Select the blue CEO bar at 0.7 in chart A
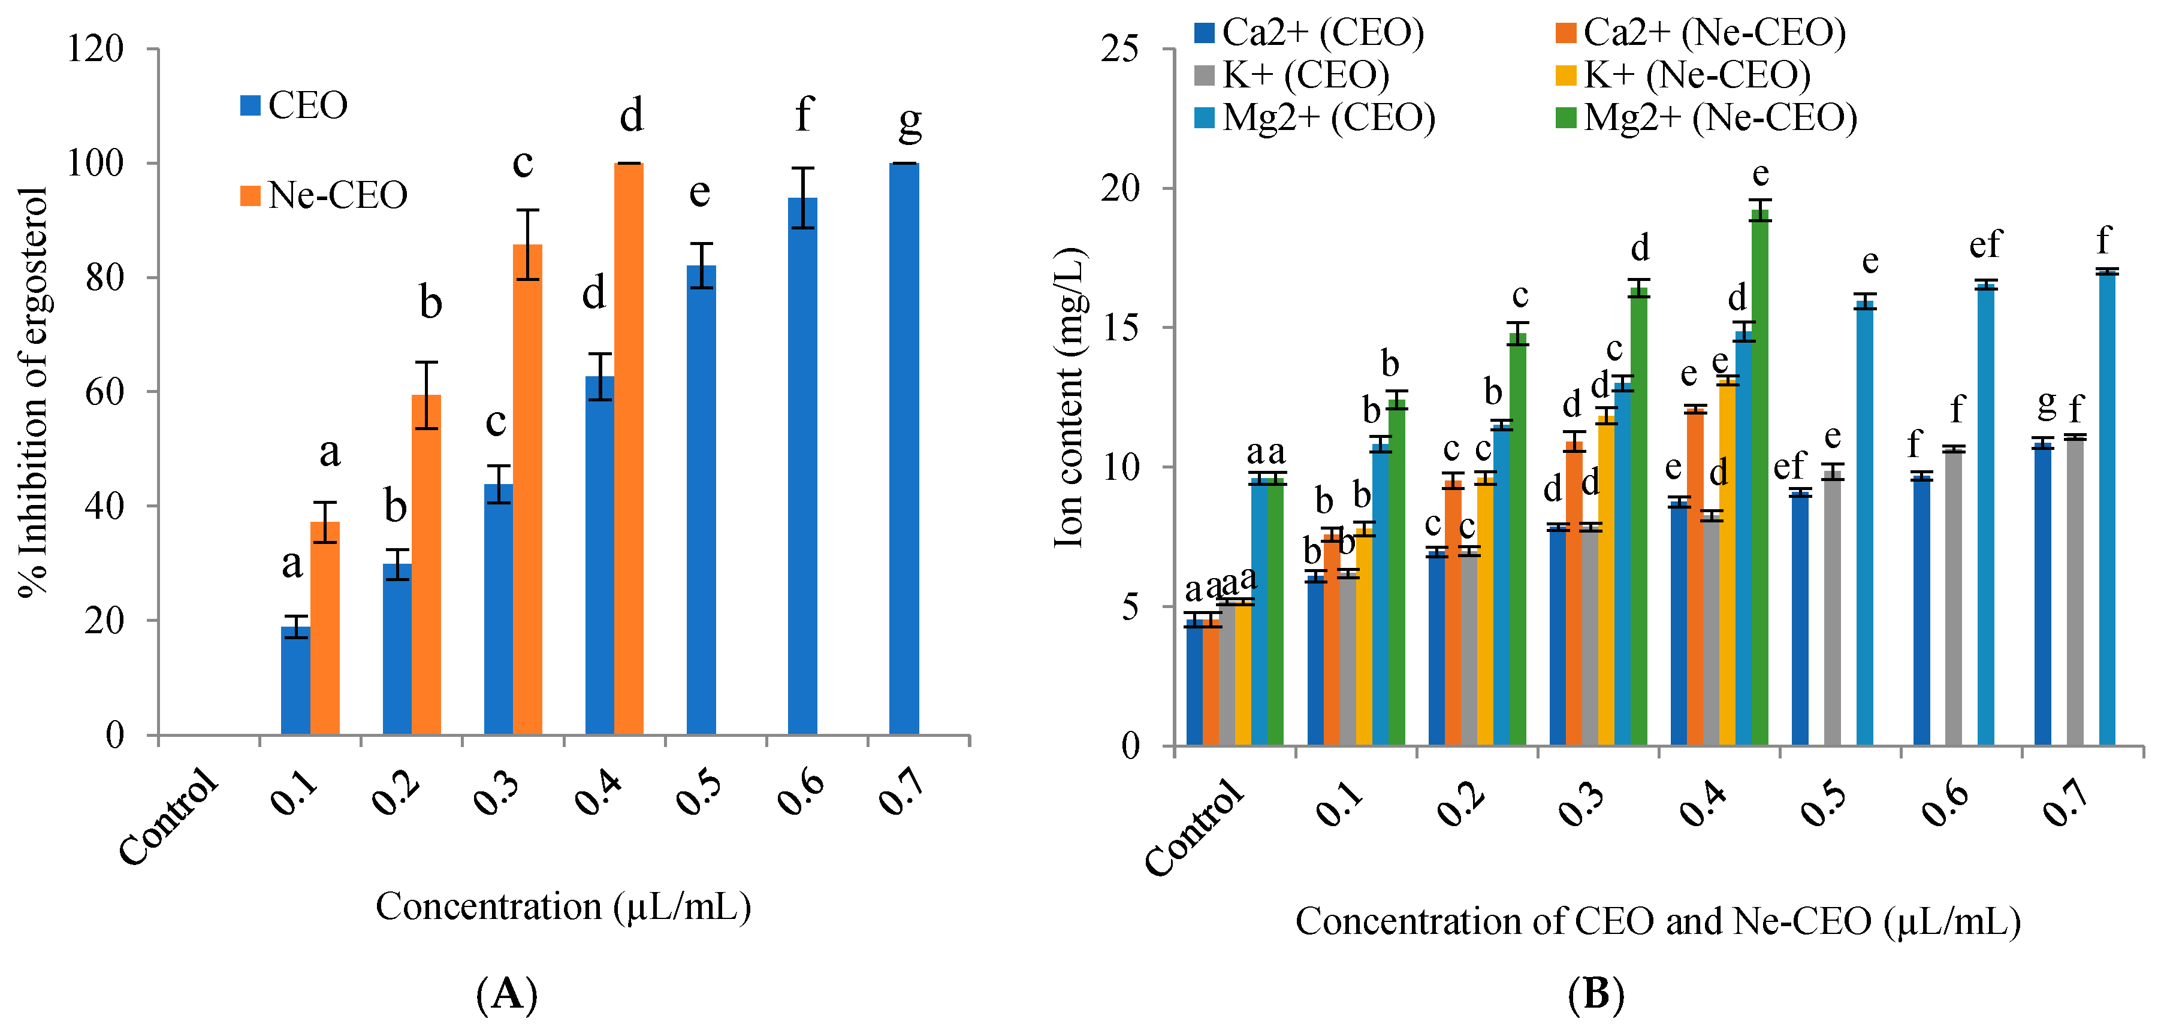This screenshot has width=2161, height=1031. [x=904, y=449]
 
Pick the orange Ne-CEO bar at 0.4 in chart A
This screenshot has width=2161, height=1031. [x=628, y=449]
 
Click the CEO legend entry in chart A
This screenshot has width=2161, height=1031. [x=294, y=105]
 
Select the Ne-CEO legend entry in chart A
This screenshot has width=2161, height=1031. [x=324, y=195]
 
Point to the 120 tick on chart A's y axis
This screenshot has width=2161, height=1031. [x=96, y=49]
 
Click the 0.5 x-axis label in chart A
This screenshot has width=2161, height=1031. [x=698, y=793]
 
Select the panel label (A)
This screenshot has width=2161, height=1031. [x=507, y=995]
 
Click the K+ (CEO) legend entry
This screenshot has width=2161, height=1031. [x=1293, y=75]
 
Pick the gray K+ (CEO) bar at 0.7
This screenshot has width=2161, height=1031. [x=2075, y=591]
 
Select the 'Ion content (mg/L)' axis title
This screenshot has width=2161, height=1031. [x=1070, y=398]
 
